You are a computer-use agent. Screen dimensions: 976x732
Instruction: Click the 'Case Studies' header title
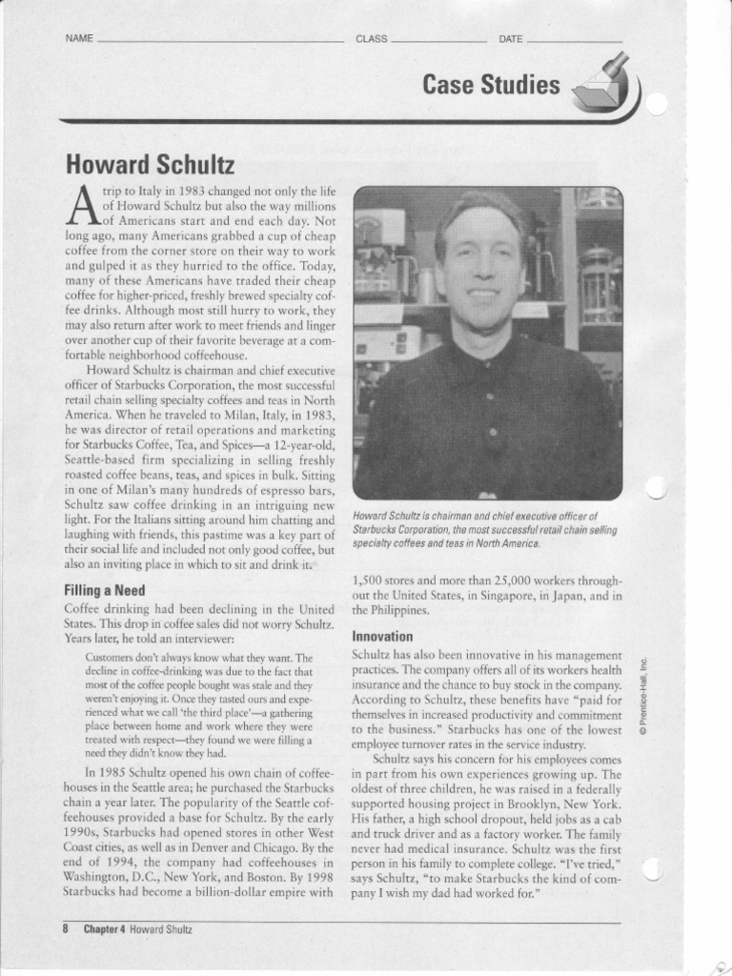pos(492,86)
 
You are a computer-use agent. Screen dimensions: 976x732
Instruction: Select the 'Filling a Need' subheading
pos(104,590)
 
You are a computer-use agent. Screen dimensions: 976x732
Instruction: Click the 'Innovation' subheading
pos(382,636)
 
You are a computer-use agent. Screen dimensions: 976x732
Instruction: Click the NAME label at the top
pos(79,39)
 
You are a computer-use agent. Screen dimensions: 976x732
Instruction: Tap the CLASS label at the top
pos(371,39)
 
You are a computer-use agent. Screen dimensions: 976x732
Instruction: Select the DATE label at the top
pos(511,39)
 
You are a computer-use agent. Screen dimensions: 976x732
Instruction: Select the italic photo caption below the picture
pos(484,529)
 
